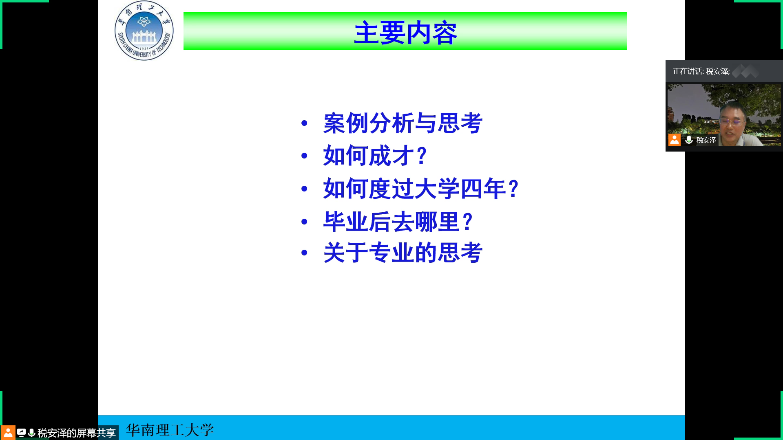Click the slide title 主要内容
(405, 33)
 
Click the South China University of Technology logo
(144, 31)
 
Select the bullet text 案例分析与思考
(403, 123)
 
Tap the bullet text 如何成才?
(375, 156)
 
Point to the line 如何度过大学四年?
(420, 189)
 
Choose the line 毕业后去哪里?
(398, 222)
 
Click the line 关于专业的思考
(403, 253)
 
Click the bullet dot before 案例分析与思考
(304, 123)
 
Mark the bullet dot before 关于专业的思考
(304, 253)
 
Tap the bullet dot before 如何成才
(304, 156)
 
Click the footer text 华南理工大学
(170, 430)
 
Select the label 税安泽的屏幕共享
(77, 433)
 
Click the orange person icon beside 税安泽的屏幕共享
(8, 432)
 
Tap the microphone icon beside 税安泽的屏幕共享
(31, 433)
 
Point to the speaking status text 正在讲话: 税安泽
(701, 71)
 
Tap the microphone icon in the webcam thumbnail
(689, 140)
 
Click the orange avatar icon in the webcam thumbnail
(675, 140)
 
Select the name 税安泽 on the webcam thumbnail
(706, 140)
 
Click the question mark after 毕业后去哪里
(468, 222)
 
